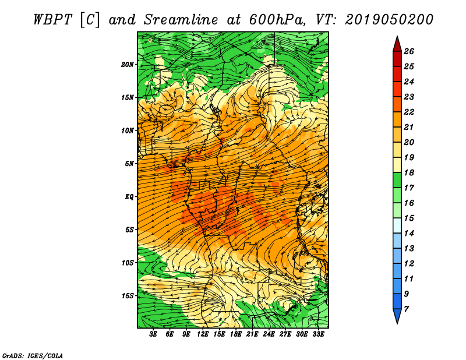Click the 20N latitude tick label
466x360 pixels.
[x=128, y=65]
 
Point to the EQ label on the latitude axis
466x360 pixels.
[x=129, y=197]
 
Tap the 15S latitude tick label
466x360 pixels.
[x=128, y=296]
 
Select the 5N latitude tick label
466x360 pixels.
[x=129, y=164]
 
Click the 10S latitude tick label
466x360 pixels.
[x=128, y=263]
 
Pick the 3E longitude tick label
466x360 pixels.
[x=153, y=334]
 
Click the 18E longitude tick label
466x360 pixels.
[x=236, y=334]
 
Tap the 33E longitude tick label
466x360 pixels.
[x=318, y=334]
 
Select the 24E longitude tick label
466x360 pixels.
[x=269, y=334]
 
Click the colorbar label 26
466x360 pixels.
[x=409, y=51]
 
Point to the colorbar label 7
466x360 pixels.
[x=406, y=309]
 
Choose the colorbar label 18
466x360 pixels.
[x=409, y=172]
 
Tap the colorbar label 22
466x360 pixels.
[x=409, y=112]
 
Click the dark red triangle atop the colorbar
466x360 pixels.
[x=397, y=45]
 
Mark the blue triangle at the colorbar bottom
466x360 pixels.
[x=397, y=316]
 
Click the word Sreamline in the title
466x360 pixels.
[x=181, y=20]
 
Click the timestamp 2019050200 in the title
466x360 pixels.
[x=389, y=20]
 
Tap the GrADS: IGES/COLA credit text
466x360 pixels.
[x=33, y=356]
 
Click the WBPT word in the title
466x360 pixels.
[x=52, y=20]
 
